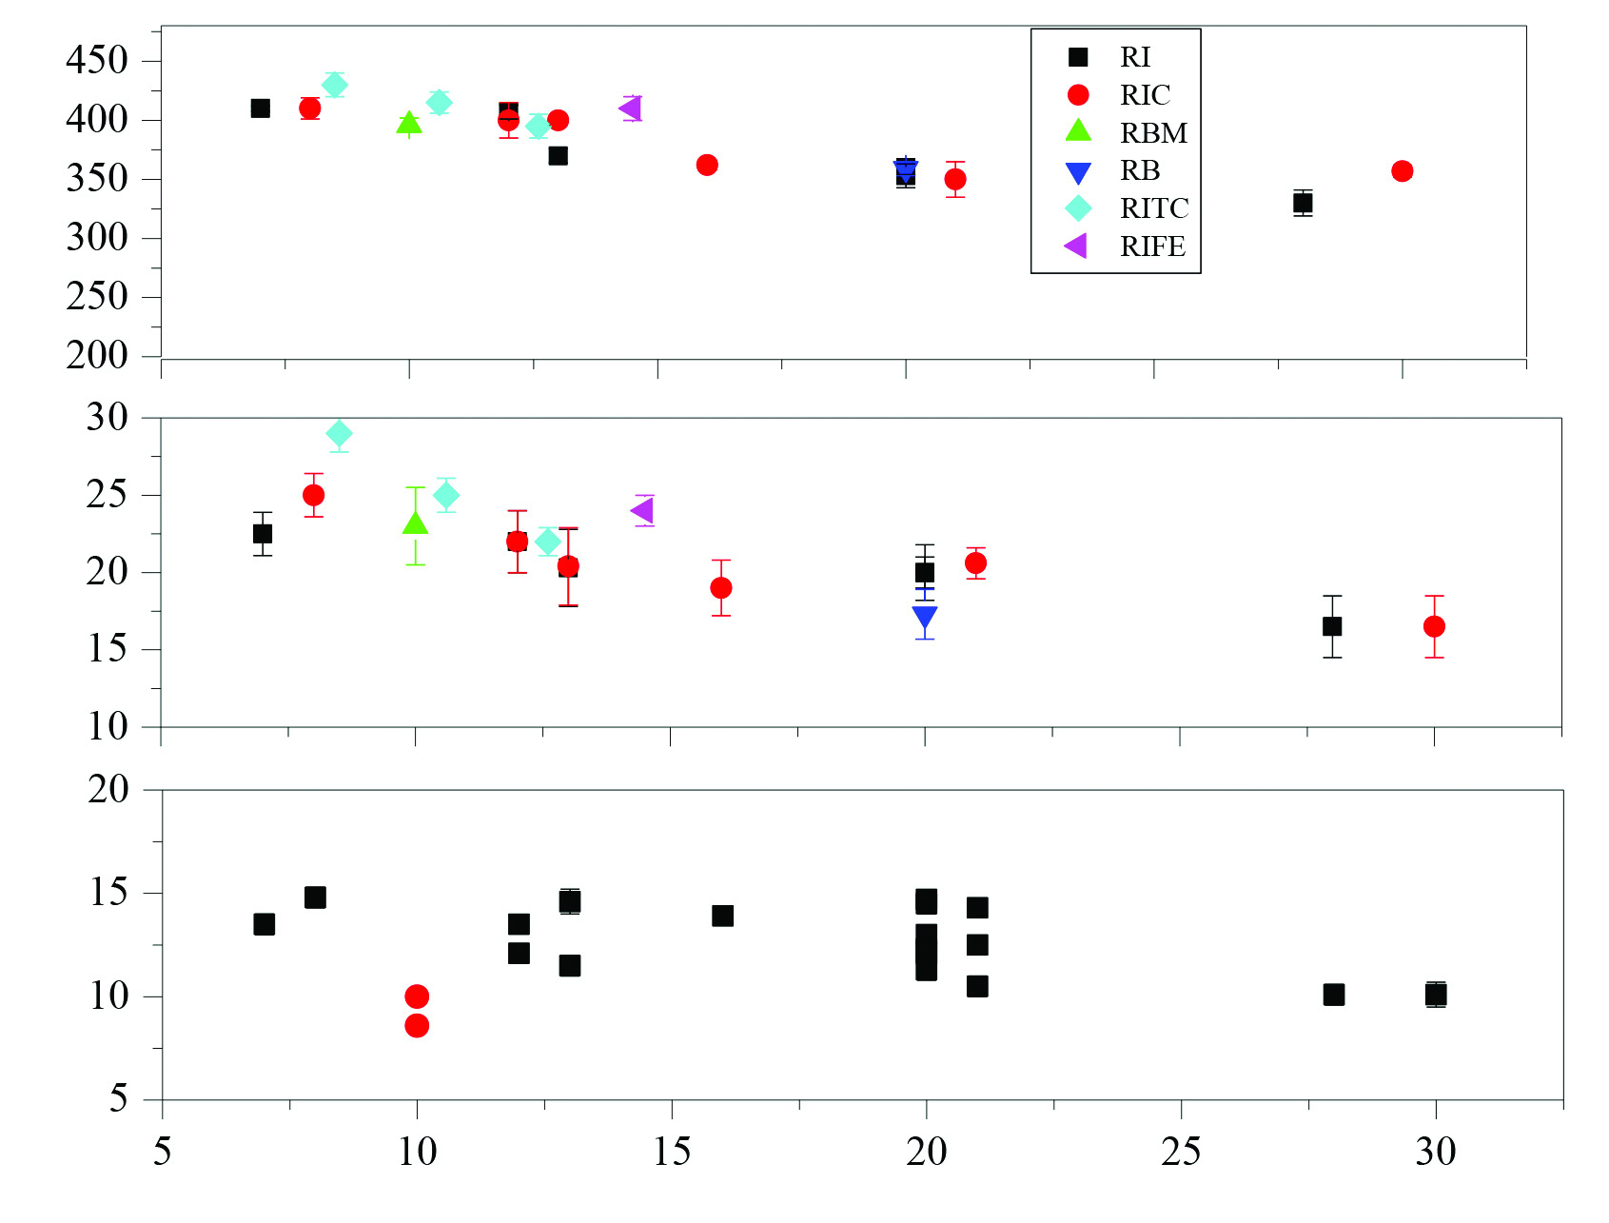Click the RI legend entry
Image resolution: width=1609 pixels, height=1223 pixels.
tap(1134, 57)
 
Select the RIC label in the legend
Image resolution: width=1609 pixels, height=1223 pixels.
tap(1145, 95)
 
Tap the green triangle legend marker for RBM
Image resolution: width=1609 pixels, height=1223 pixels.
tap(1078, 130)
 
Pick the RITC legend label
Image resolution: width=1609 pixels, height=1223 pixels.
tap(1154, 208)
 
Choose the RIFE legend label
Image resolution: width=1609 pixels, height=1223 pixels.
tap(1152, 247)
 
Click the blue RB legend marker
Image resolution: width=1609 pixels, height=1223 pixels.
tap(1078, 172)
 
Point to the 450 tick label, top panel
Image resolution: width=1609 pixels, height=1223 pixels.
tap(97, 60)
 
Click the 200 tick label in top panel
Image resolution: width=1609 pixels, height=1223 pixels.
tap(97, 356)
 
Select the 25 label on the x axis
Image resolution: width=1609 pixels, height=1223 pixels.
tap(1181, 1152)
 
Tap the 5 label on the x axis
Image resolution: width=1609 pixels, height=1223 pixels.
tap(163, 1152)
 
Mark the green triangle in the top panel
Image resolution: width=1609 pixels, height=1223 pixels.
tap(409, 123)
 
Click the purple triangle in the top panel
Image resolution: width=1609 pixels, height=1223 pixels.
tap(630, 108)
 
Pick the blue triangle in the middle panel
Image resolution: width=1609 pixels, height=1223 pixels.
tap(925, 618)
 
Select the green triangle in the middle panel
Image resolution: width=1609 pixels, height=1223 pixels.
tap(415, 523)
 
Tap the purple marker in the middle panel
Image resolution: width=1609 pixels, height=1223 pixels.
tap(642, 510)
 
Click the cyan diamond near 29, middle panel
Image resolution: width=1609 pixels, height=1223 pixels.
tap(340, 434)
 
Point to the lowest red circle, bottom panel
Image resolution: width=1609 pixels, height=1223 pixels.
tap(417, 1025)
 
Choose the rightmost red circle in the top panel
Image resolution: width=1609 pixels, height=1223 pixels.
tap(1402, 171)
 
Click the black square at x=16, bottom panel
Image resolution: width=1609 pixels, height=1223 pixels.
tap(723, 916)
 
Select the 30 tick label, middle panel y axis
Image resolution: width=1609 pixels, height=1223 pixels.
tap(107, 417)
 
